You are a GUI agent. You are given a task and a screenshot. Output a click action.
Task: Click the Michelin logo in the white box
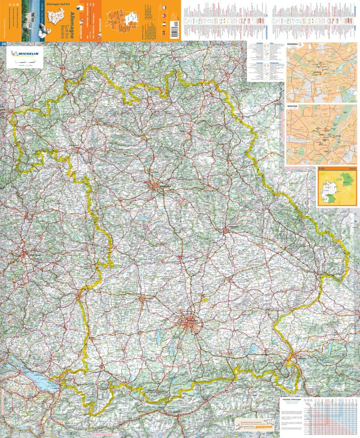click(x=24, y=54)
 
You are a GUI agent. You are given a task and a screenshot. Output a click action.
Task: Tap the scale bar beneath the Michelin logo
click(x=23, y=64)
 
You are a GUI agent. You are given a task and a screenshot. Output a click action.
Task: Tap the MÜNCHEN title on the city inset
click(x=293, y=107)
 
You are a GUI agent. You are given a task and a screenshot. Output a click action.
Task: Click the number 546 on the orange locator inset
click(x=322, y=171)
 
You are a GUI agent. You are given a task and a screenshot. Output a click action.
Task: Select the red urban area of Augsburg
click(x=143, y=299)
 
